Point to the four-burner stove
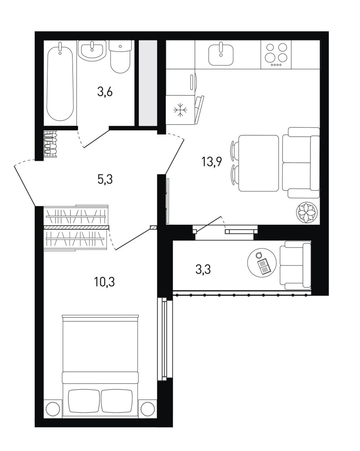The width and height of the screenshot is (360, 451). pyautogui.click(x=276, y=55)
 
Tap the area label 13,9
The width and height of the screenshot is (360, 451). pyautogui.click(x=212, y=162)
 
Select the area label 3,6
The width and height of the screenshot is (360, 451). pyautogui.click(x=105, y=92)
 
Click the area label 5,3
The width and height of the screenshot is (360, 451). pyautogui.click(x=105, y=180)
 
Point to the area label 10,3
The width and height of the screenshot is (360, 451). pyautogui.click(x=105, y=282)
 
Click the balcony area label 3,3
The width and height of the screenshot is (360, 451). pyautogui.click(x=203, y=269)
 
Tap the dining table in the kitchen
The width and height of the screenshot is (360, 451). pyautogui.click(x=259, y=163)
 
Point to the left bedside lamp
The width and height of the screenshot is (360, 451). pyautogui.click(x=53, y=409)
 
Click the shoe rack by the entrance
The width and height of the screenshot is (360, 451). pyautogui.click(x=50, y=144)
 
